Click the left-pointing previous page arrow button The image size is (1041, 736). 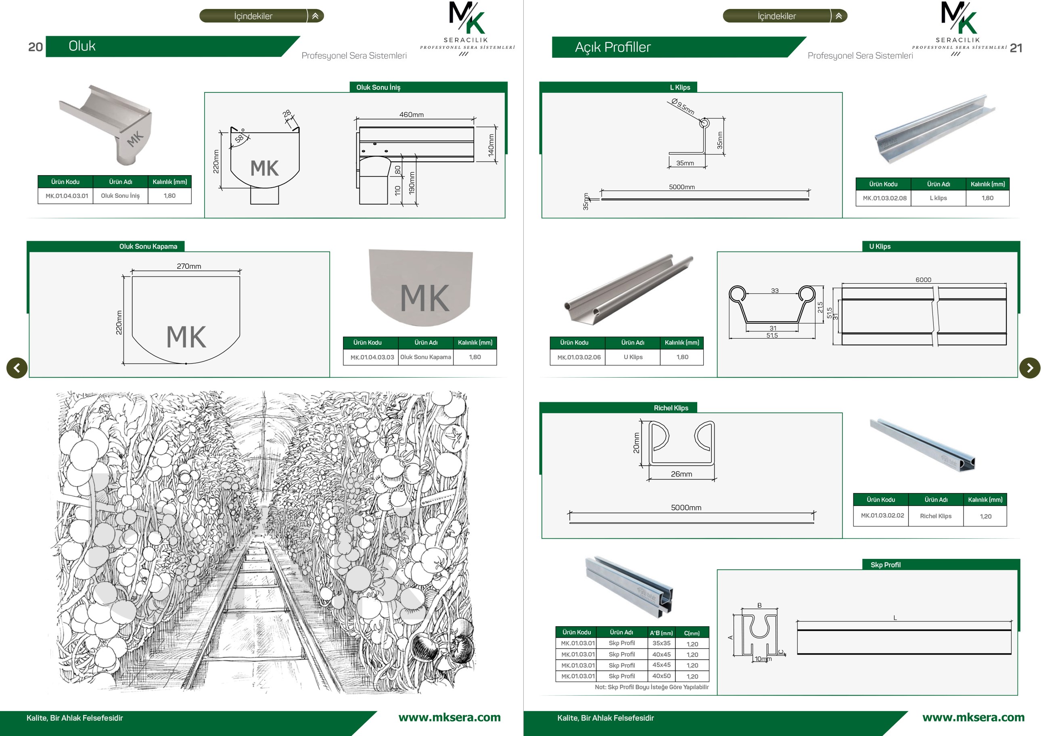click(17, 368)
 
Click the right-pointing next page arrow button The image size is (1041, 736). click(1030, 368)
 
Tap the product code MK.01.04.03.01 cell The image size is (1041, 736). click(66, 196)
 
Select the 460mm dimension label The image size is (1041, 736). click(411, 115)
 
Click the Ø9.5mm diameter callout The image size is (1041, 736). click(683, 107)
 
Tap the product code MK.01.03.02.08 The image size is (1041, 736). click(884, 198)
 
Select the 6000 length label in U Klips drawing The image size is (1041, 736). click(923, 280)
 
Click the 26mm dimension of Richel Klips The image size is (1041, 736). click(681, 474)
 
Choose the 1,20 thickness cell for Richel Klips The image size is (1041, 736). click(985, 516)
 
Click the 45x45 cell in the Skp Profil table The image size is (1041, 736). click(661, 665)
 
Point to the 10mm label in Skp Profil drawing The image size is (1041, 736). click(763, 659)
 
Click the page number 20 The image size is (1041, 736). click(36, 47)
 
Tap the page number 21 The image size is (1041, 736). click(1016, 48)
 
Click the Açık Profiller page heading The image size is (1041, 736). click(612, 47)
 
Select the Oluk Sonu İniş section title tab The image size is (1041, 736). click(378, 87)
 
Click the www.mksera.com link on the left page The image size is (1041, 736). click(449, 717)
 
